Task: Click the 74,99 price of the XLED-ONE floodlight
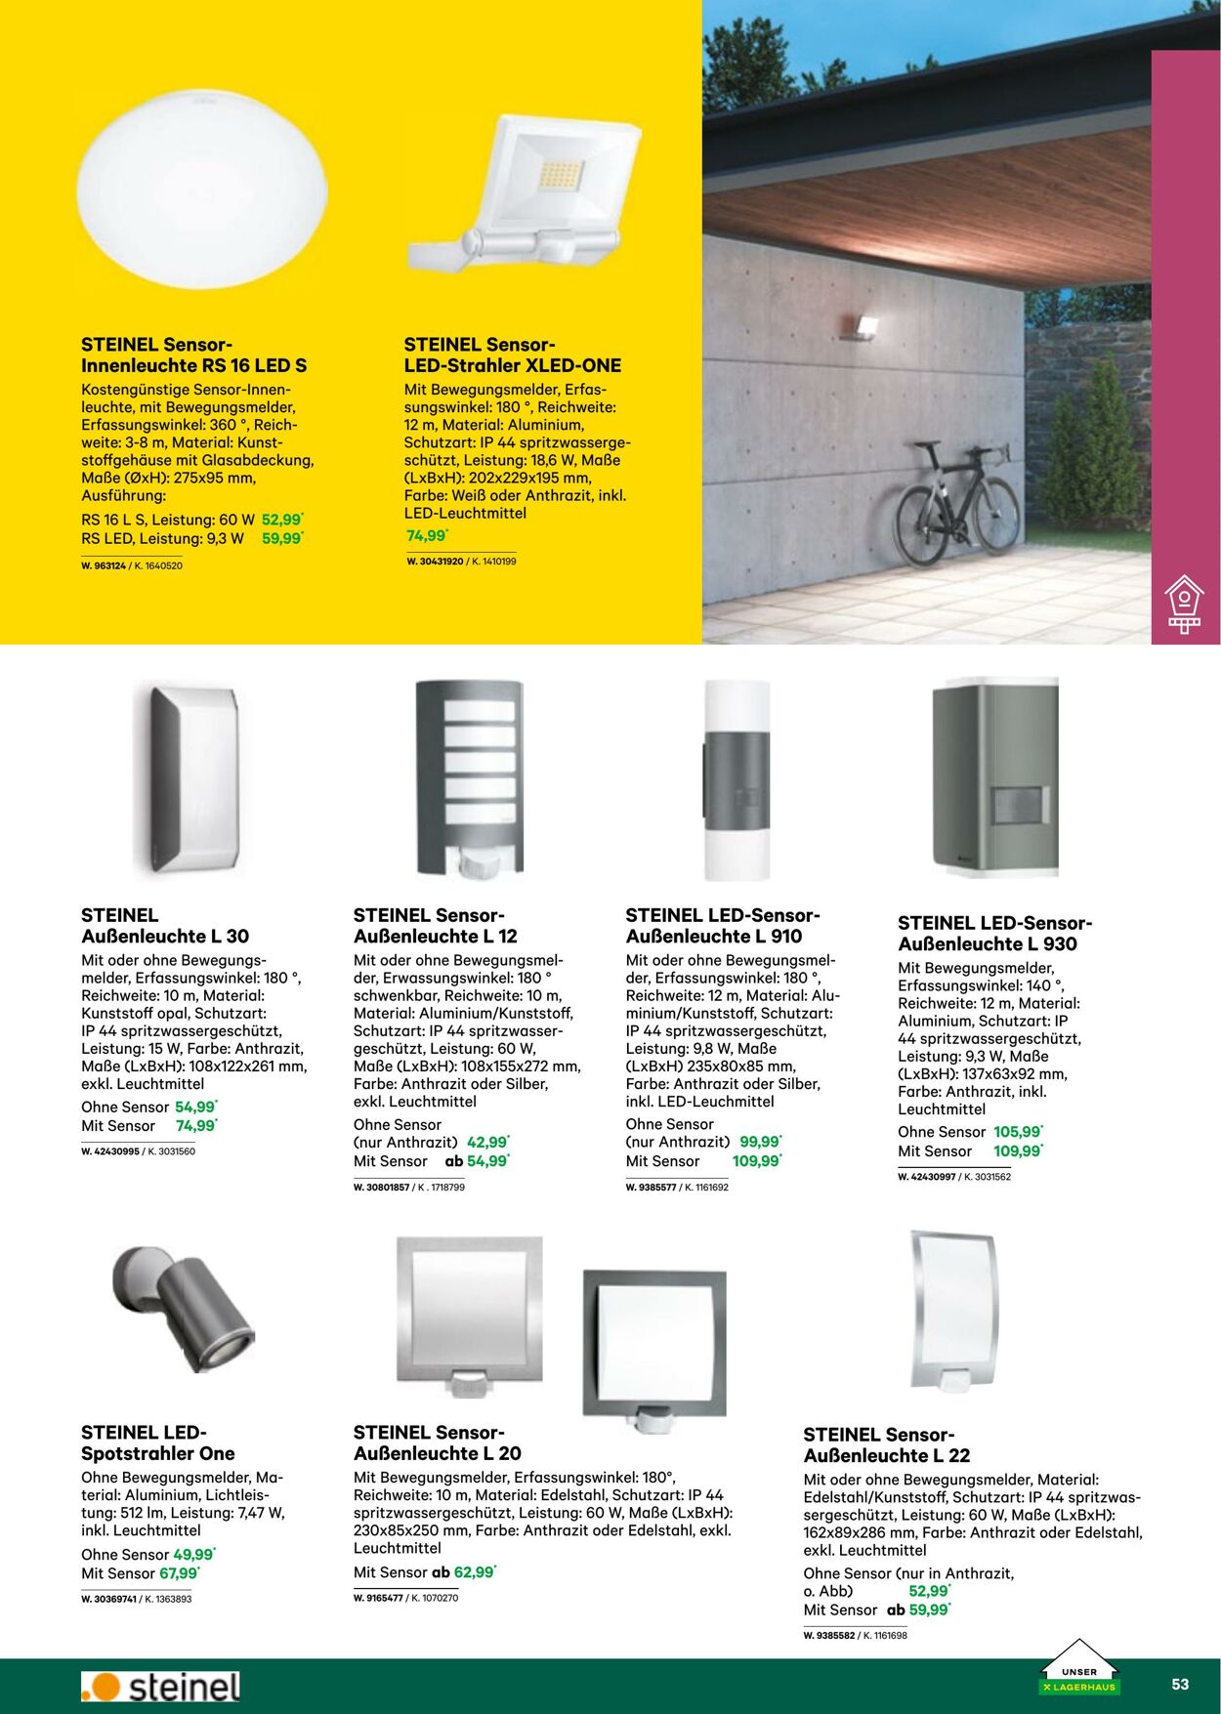click(x=427, y=535)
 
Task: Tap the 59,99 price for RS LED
click(x=282, y=538)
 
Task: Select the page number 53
click(x=1180, y=1684)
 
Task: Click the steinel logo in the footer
click(x=161, y=1687)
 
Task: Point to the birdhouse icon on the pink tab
click(x=1184, y=603)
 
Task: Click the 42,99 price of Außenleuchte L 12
click(x=487, y=1142)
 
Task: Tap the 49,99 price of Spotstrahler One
click(x=193, y=1554)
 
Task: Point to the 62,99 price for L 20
click(x=475, y=1572)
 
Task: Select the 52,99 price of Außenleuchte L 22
click(x=929, y=1591)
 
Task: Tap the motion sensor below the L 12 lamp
click(x=478, y=864)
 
